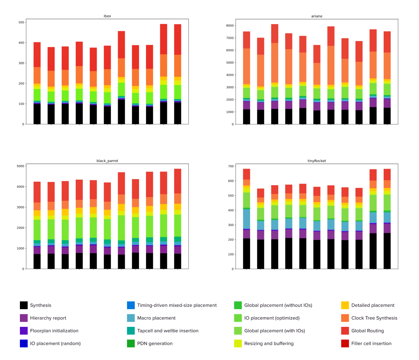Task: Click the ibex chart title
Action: point(107,16)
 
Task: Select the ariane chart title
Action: point(317,16)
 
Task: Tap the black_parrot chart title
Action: point(107,161)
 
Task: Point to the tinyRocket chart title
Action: point(317,161)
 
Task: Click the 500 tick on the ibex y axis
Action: point(21,22)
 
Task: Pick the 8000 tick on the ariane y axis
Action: point(229,25)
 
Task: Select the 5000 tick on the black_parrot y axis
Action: point(20,166)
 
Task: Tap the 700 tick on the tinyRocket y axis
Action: point(230,166)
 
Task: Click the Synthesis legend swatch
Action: point(24,305)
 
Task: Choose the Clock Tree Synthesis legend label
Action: point(374,318)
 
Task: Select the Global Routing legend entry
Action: point(367,331)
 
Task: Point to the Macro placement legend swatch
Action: point(131,318)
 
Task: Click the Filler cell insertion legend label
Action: point(371,344)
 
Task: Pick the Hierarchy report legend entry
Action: point(48,318)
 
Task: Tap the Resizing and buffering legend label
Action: point(269,344)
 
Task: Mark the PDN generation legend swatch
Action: point(131,344)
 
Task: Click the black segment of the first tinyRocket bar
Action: point(247,254)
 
